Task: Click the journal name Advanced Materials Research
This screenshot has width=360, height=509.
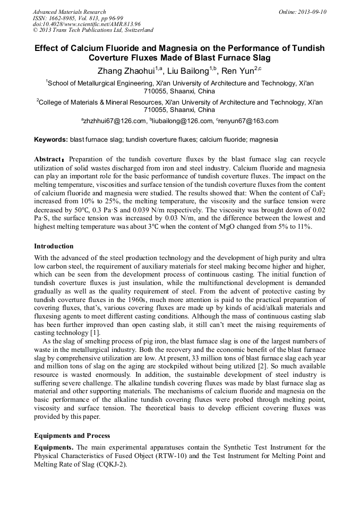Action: click(69, 12)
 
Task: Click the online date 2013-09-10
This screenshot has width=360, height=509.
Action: click(311, 12)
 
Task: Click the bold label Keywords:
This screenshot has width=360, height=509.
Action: click(51, 140)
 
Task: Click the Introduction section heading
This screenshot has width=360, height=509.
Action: click(54, 246)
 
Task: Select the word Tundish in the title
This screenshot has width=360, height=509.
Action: click(305, 48)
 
